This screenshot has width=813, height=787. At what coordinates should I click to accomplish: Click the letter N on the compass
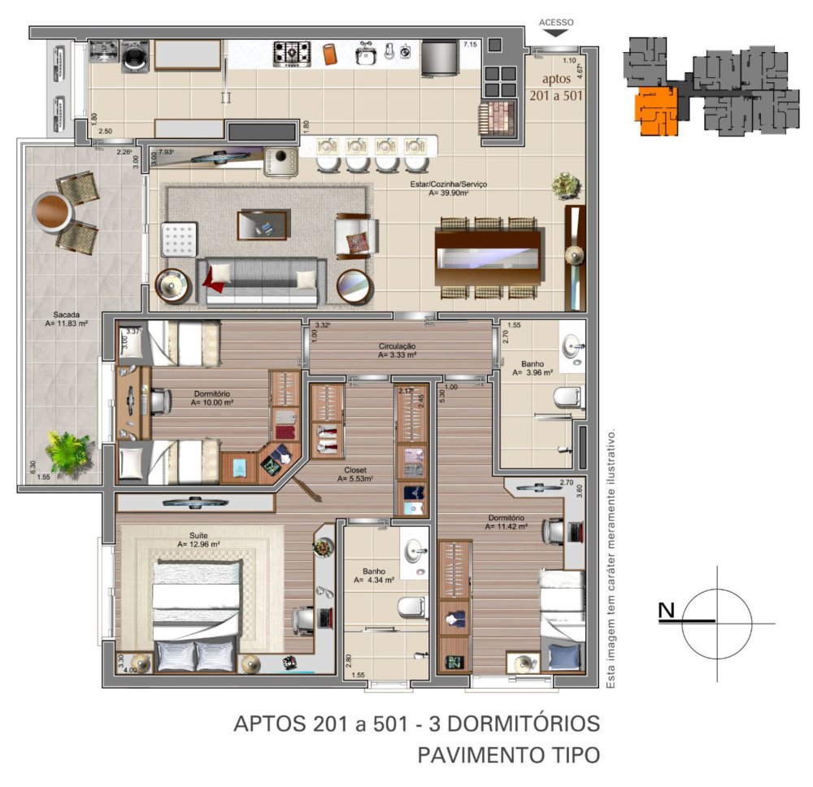(x=667, y=611)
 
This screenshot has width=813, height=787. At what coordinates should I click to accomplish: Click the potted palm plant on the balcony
(x=68, y=450)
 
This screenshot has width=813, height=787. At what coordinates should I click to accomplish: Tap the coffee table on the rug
(x=263, y=225)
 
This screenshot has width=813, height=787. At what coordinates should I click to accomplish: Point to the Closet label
(x=355, y=470)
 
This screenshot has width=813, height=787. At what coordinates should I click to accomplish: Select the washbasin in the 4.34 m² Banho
(x=416, y=550)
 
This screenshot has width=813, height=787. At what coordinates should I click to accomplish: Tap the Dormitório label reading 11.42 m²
(x=506, y=525)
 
